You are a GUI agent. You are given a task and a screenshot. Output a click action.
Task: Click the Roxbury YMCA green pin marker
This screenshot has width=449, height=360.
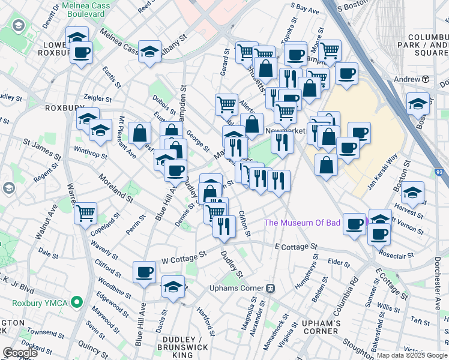(x=76, y=302)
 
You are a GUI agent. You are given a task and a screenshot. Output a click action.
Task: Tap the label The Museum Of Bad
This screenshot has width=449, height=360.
(x=303, y=223)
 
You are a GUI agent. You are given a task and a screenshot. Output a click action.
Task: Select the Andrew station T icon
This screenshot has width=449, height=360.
(x=426, y=79)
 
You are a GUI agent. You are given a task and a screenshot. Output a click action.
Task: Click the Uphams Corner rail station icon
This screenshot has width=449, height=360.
(x=271, y=288)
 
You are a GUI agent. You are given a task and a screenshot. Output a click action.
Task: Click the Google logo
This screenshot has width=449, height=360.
(x=20, y=353)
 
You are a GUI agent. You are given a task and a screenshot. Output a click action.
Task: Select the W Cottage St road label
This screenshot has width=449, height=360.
(x=184, y=257)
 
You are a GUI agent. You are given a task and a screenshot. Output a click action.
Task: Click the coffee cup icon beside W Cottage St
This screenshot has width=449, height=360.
(x=144, y=271)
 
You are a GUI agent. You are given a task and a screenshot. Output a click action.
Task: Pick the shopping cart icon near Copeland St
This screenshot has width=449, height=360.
(x=86, y=211)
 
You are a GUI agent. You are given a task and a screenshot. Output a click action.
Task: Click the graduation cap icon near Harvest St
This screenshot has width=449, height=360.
(x=412, y=193)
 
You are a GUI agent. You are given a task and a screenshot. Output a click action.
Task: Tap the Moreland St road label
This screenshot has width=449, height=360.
(x=116, y=186)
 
